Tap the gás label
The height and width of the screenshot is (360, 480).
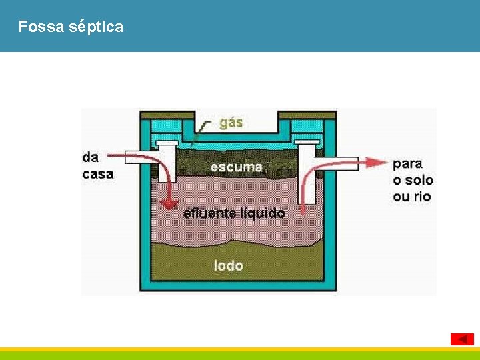(231, 123)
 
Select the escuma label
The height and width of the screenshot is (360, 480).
(237, 167)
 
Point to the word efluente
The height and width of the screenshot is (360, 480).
(210, 213)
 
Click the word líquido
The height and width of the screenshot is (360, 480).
(263, 213)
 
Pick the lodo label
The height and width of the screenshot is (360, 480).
(229, 265)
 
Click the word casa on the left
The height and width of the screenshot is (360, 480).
(97, 174)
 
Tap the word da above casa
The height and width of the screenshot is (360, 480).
(91, 157)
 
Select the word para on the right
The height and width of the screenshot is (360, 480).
(407, 163)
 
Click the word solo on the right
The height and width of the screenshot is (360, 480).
(419, 180)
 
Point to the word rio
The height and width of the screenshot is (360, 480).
(422, 197)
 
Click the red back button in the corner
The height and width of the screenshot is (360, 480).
(462, 339)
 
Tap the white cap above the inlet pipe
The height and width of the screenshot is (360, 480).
(166, 143)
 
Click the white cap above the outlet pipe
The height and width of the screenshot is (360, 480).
(306, 143)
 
